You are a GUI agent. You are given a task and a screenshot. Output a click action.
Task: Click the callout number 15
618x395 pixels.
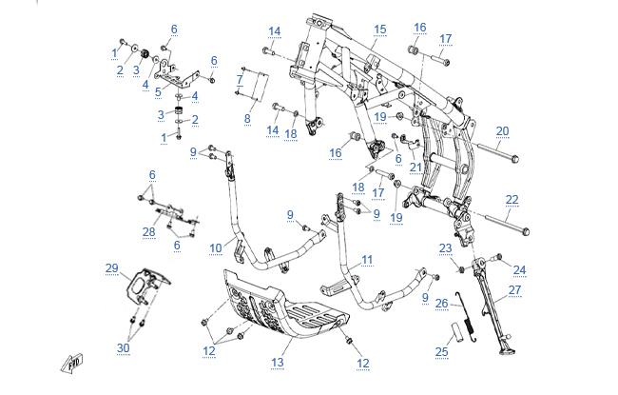[x=379, y=30]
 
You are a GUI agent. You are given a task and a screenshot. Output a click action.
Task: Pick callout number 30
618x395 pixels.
[x=124, y=347]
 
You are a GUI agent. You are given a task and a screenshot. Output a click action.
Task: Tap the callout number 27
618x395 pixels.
[x=514, y=289]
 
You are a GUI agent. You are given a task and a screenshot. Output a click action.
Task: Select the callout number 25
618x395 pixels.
[x=440, y=352]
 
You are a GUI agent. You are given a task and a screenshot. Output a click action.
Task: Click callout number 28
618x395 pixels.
[x=148, y=232]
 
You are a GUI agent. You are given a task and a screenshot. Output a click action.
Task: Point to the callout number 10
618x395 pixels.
[x=216, y=248]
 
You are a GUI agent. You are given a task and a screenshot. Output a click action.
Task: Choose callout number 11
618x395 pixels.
[x=367, y=259]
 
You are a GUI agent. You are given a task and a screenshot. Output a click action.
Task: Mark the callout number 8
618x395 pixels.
[x=247, y=118]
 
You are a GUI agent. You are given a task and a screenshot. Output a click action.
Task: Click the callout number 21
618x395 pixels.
[x=415, y=167]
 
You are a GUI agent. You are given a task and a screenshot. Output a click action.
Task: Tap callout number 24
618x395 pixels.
[x=520, y=269]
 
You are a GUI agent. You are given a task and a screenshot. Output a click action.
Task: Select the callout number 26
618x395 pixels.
[x=441, y=305]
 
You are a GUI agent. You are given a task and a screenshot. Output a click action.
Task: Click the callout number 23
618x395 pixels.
[x=445, y=248]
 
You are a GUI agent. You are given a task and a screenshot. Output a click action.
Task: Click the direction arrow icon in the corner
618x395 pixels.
[x=70, y=362]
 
